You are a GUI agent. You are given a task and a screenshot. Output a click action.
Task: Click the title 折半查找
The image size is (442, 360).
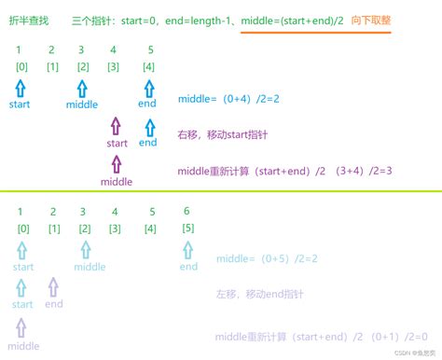pos(27,20)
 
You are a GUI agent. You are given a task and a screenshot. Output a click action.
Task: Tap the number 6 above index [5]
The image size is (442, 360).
pos(187,211)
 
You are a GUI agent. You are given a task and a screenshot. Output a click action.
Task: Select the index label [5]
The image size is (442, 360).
pos(187,228)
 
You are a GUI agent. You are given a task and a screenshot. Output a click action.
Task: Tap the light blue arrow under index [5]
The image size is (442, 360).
pos(188,250)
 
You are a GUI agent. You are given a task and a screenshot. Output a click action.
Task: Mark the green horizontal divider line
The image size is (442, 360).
pos(221,192)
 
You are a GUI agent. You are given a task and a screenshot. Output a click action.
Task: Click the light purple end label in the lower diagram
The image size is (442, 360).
pos(53,304)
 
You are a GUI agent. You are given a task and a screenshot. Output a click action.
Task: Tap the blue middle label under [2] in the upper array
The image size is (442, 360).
pos(82,105)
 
